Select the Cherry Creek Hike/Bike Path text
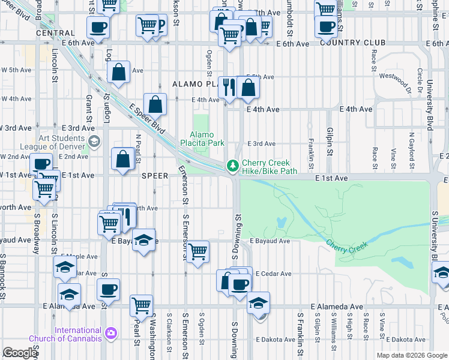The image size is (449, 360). pyautogui.click(x=270, y=167)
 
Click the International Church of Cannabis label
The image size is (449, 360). pyautogui.click(x=78, y=335)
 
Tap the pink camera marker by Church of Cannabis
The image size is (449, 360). pyautogui.click(x=110, y=332)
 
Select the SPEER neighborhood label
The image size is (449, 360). pyautogui.click(x=157, y=176)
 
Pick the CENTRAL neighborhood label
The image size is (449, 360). pyautogui.click(x=55, y=34)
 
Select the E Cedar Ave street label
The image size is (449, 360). pyautogui.click(x=273, y=274)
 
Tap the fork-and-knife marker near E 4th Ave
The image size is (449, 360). pyautogui.click(x=228, y=88)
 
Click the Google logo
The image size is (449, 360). pyautogui.click(x=20, y=353)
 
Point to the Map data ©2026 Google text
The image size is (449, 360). pyautogui.click(x=411, y=355)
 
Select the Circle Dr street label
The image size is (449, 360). pyautogui.click(x=420, y=76)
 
